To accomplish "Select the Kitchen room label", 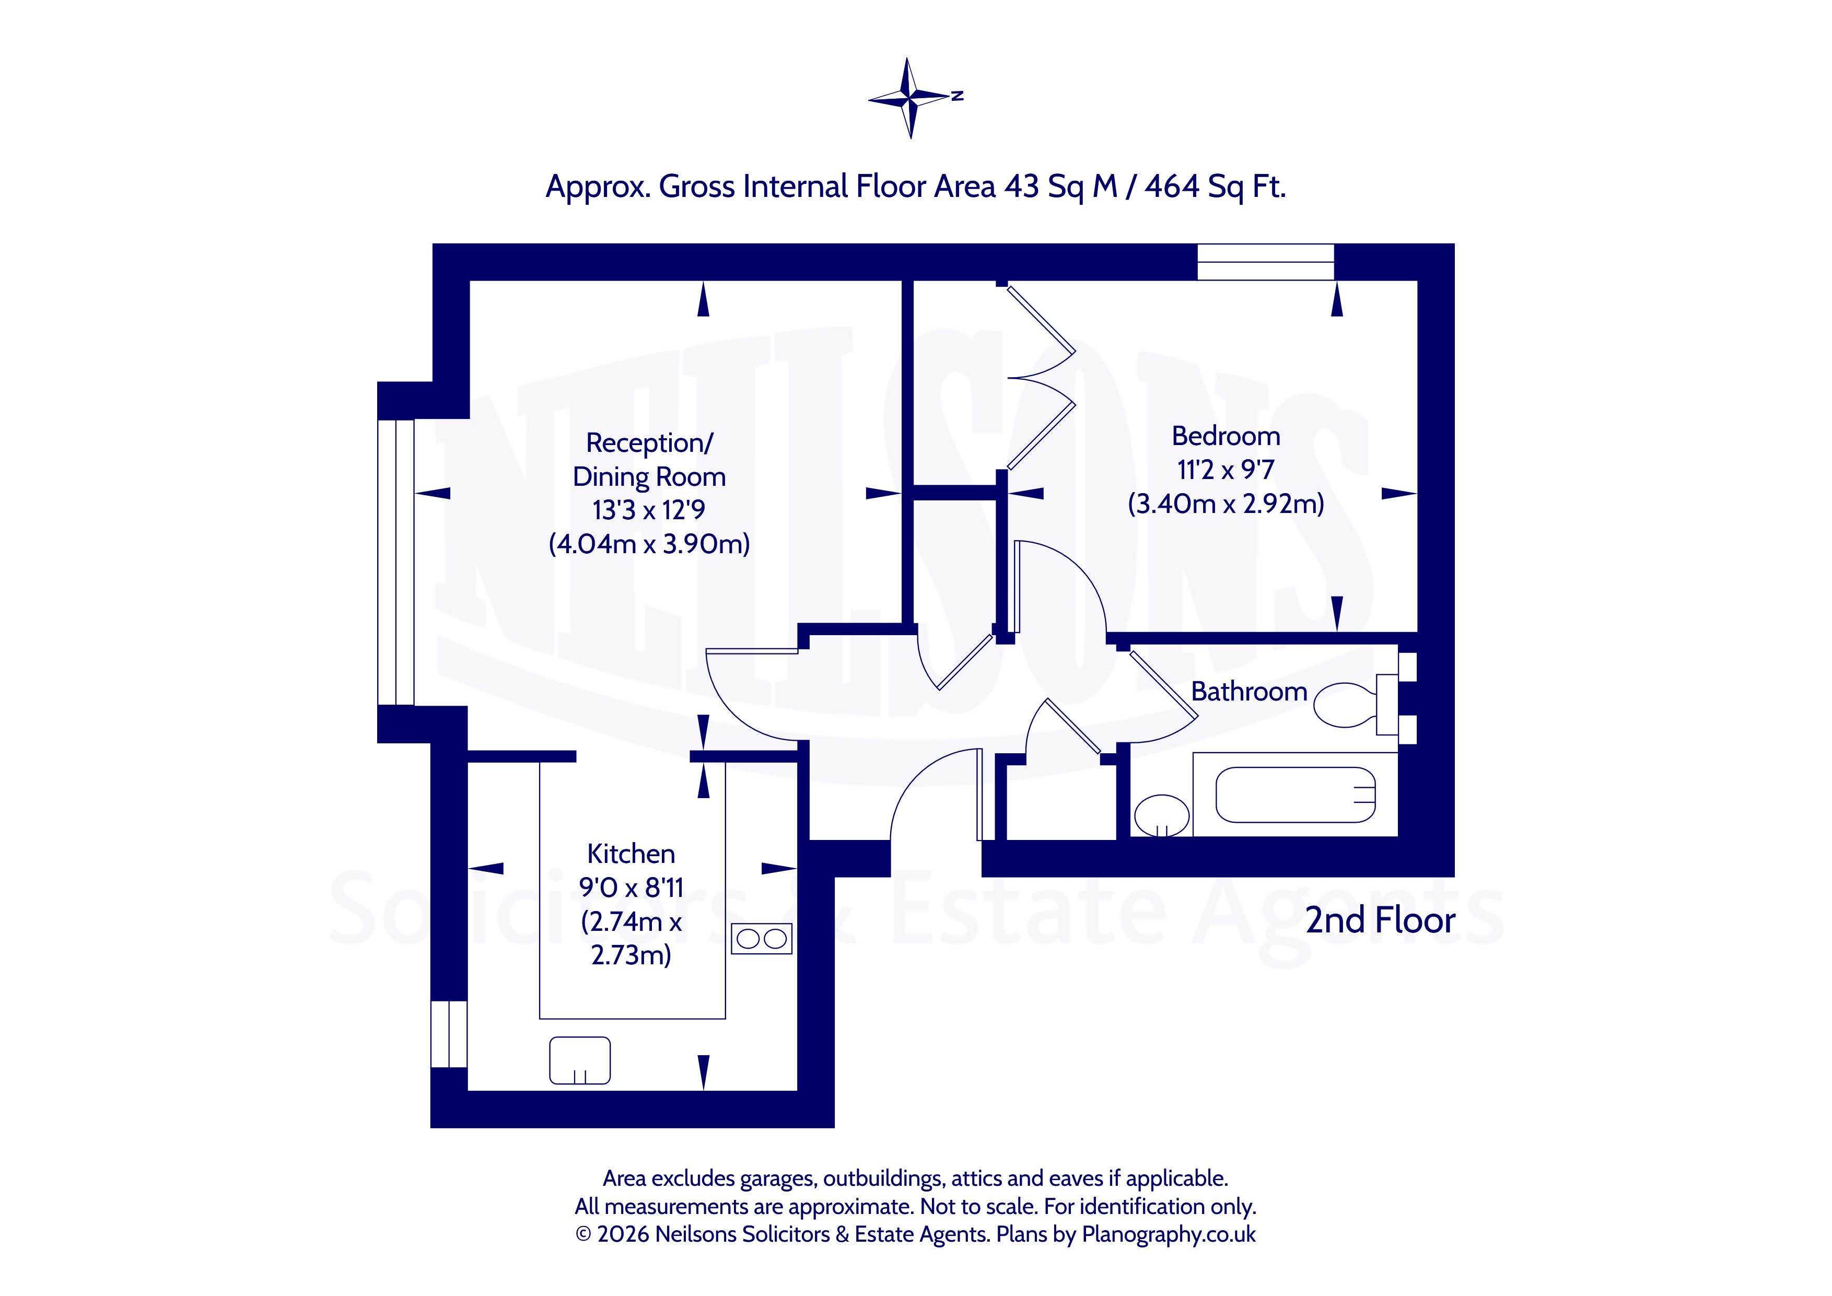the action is coord(631,854).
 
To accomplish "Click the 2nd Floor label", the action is coord(1380,920).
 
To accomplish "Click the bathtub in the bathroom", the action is coord(1295,795).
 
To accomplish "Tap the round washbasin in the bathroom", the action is coord(1162,815).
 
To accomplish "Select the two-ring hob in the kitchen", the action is coord(761,939).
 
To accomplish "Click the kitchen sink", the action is coord(580,1060).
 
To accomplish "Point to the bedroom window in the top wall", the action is coord(1266,262).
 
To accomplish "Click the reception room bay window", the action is coord(396,562).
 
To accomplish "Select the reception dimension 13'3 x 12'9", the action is coord(649,510).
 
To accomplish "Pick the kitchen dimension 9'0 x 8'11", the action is coord(631,888).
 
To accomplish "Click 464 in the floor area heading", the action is coord(1172,186).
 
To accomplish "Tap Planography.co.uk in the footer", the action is coord(1169,1234).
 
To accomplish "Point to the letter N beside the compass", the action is coord(958,96).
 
